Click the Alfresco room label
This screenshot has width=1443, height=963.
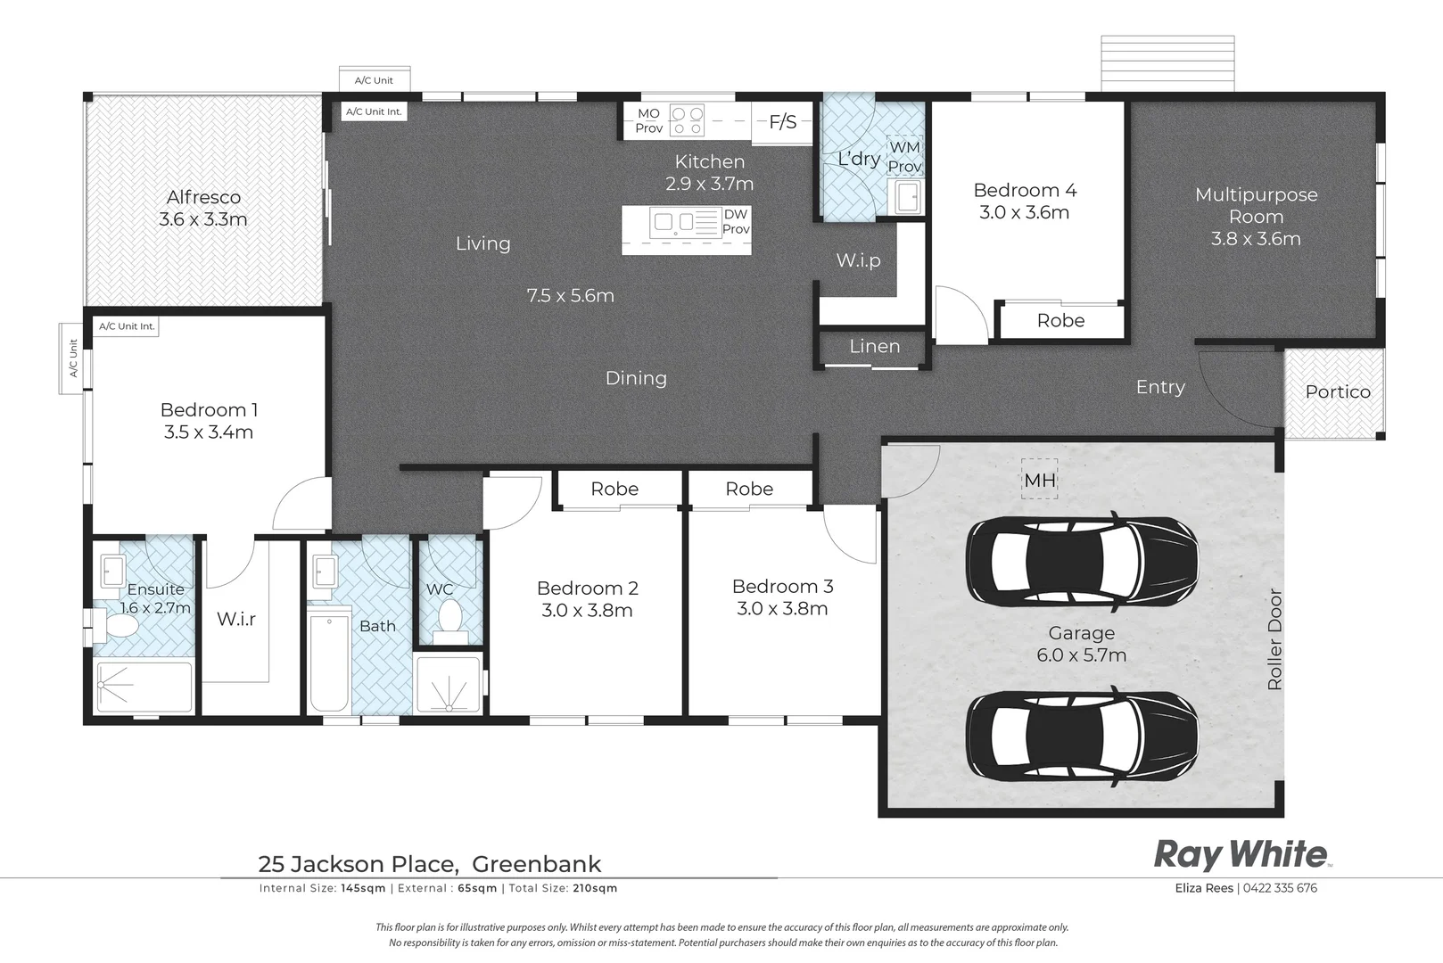[x=203, y=197]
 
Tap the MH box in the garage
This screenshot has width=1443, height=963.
[x=1039, y=480]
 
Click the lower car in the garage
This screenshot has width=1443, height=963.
[x=1081, y=736]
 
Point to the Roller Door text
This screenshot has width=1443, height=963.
[x=1274, y=638]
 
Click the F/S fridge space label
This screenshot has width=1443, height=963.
[x=782, y=122]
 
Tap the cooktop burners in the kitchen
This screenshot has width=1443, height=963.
[x=687, y=120]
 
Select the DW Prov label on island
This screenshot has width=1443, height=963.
[x=736, y=221]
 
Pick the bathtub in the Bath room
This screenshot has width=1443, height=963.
[x=329, y=663]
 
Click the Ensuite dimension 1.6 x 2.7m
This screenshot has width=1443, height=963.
[x=156, y=608]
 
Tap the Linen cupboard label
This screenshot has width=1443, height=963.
[x=874, y=346]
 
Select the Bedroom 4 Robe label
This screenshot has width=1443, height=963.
[x=1060, y=321]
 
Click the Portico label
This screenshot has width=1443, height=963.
[x=1337, y=391]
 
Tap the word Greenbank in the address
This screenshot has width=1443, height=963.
[x=536, y=864]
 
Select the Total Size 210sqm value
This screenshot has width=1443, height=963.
[x=596, y=888]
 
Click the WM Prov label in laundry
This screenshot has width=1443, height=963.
[x=904, y=157]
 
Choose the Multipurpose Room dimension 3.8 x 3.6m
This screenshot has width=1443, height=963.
[x=1255, y=239]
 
